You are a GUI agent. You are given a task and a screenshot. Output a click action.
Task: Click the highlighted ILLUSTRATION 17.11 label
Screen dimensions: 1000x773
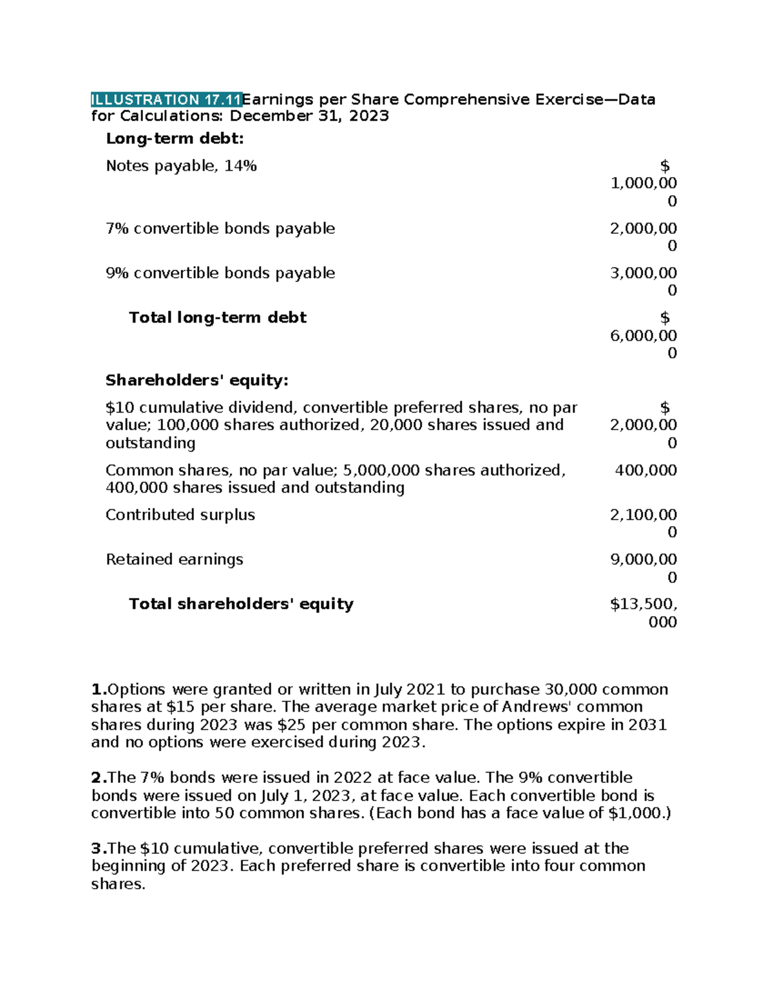[x=166, y=99]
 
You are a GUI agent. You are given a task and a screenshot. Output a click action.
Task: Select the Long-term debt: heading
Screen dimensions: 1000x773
[x=175, y=138]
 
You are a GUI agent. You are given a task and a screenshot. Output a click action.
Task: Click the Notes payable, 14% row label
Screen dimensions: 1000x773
[x=181, y=166]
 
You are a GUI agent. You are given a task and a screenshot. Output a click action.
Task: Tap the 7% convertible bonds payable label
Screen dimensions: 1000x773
[x=220, y=229]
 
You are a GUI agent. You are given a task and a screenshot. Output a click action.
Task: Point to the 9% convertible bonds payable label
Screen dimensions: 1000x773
[x=220, y=273]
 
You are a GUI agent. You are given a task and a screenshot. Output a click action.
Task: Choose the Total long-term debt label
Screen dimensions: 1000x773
[x=218, y=317]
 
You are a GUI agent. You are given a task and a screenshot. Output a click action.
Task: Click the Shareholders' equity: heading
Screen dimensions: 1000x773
[x=196, y=381]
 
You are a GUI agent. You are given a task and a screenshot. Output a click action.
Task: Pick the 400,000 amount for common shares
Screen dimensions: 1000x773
[x=645, y=470]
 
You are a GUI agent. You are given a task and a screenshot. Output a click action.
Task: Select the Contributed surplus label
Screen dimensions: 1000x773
[x=180, y=515]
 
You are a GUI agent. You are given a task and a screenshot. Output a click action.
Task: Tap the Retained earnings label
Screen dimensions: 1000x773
[x=175, y=560]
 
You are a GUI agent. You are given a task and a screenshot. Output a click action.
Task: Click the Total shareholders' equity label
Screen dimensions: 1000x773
[x=241, y=604]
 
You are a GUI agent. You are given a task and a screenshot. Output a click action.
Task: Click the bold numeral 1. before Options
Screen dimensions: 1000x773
[x=99, y=690]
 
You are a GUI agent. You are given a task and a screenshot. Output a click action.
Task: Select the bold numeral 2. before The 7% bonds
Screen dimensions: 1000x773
[x=99, y=778]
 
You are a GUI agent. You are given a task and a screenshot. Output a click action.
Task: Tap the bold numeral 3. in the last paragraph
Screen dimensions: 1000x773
[x=99, y=849]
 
